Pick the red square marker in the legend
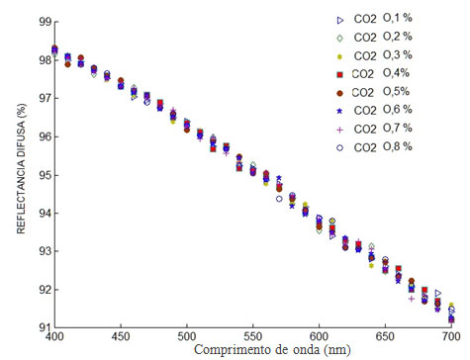point(339,74)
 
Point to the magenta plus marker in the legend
point(339,129)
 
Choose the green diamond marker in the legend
point(339,38)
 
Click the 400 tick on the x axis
point(54,338)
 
